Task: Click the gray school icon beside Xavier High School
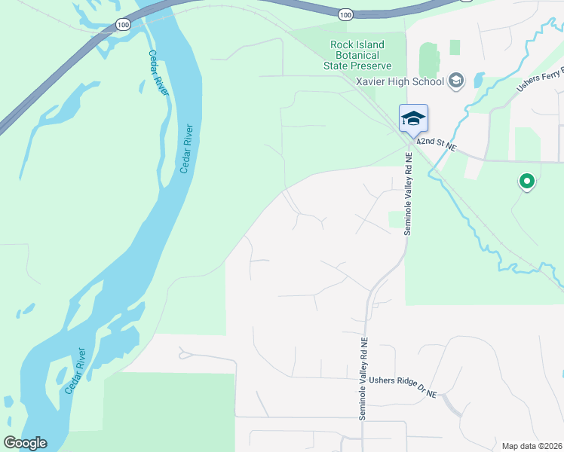456,79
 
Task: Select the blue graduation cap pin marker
413,119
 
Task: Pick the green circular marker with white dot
526,181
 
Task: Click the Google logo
25,443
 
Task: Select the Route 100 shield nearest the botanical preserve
345,14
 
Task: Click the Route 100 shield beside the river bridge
121,25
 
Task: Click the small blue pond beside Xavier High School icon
479,78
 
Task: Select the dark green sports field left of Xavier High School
428,59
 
